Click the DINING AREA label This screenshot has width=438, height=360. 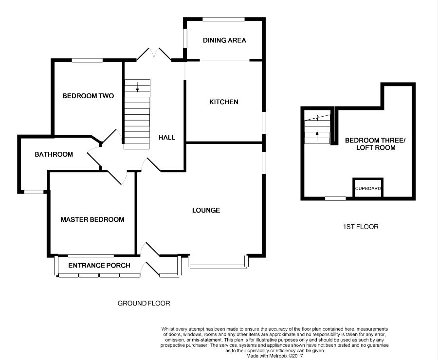coord(224,40)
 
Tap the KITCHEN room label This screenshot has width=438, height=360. coord(224,102)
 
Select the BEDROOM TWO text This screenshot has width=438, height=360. coord(88,96)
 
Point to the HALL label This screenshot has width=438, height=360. coord(167,137)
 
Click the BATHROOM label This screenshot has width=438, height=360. coord(54,154)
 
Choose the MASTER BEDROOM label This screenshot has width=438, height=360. coord(92,219)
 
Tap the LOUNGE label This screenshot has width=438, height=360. coord(206,210)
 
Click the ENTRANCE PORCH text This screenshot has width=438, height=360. coord(99,265)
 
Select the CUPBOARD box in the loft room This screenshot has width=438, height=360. coord(368,188)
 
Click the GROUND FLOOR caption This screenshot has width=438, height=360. coord(144,303)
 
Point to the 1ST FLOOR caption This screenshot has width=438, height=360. coord(361,227)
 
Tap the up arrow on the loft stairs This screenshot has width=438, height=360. coord(317,136)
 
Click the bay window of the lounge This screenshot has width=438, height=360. coord(218,265)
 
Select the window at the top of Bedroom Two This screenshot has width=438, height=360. coord(87,60)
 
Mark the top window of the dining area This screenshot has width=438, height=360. coord(223,19)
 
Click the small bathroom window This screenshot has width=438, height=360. coord(34,192)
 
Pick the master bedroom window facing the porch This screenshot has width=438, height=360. coord(91,255)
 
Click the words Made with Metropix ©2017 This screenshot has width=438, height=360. coord(274,356)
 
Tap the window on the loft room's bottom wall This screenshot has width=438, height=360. coord(335,198)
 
